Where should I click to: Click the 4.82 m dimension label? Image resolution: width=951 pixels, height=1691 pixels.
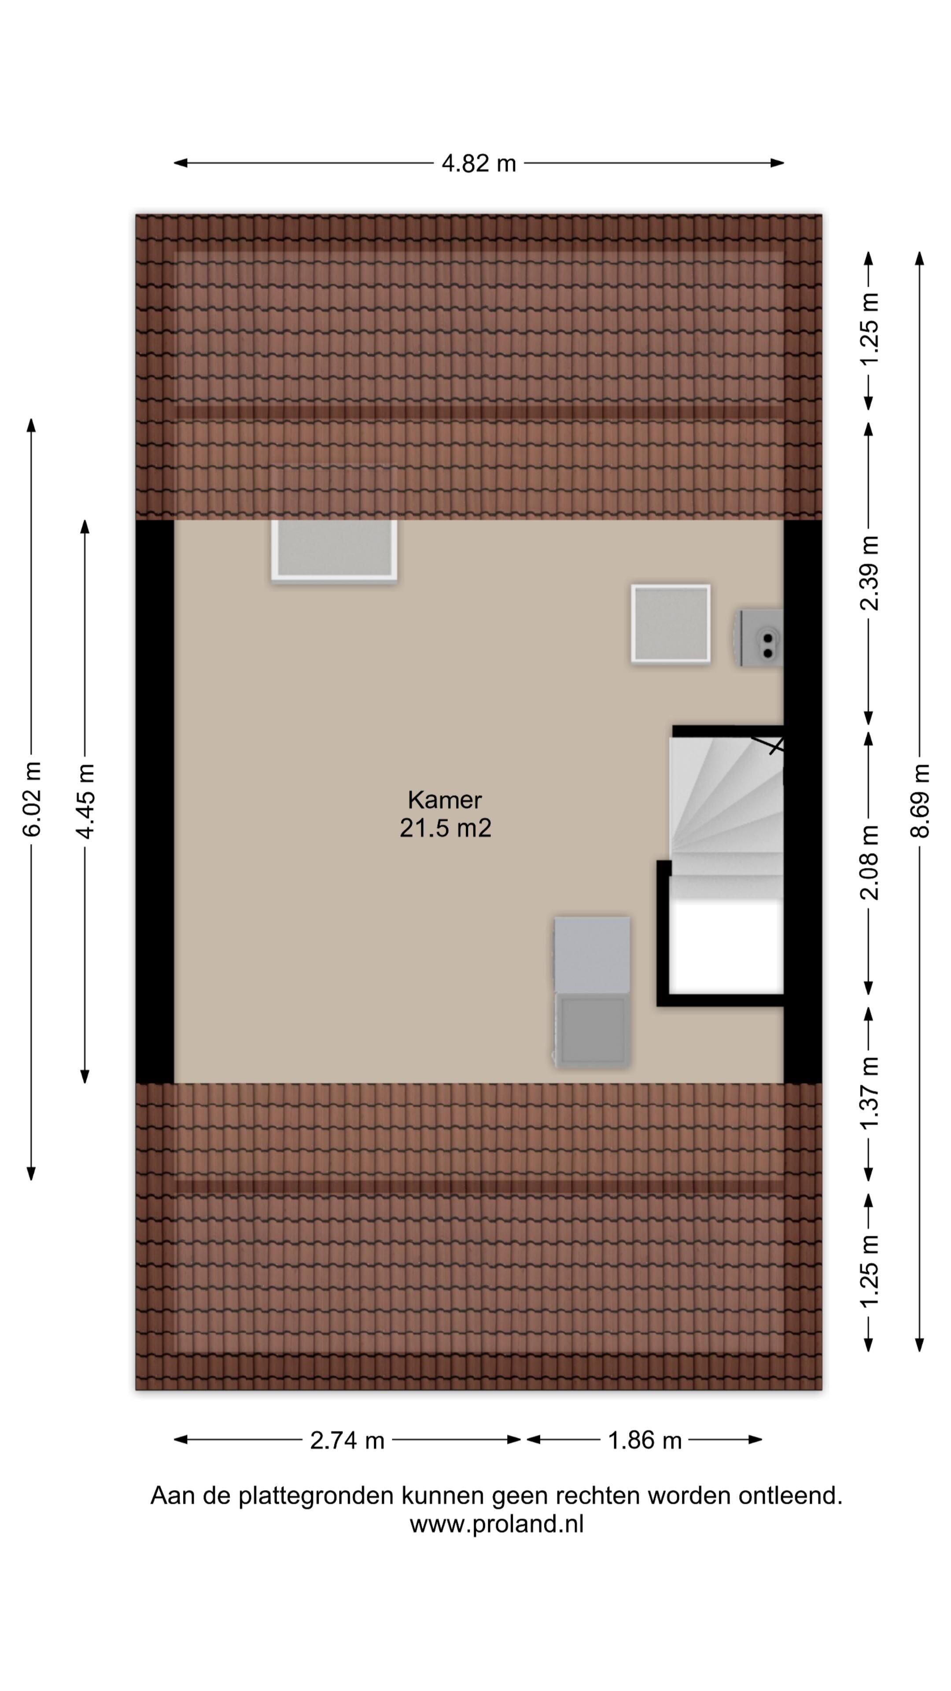tap(479, 163)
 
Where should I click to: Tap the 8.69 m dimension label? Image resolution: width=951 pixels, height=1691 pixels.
tap(920, 800)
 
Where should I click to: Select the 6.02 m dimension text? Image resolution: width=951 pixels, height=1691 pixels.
tap(32, 799)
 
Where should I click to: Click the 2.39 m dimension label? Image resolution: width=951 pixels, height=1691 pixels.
tap(869, 573)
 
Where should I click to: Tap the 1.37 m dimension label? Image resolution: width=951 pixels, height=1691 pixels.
tap(869, 1093)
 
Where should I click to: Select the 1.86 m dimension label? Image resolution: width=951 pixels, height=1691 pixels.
tap(645, 1440)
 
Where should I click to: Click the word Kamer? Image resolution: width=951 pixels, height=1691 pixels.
tap(444, 800)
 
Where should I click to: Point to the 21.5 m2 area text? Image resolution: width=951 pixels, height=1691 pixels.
tap(445, 828)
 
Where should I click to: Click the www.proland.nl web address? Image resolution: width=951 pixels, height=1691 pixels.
tap(496, 1524)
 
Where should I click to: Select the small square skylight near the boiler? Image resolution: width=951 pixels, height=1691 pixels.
tap(670, 624)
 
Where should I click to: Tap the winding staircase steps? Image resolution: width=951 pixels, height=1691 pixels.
tap(726, 814)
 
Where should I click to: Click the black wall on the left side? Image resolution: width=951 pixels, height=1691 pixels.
tap(155, 801)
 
